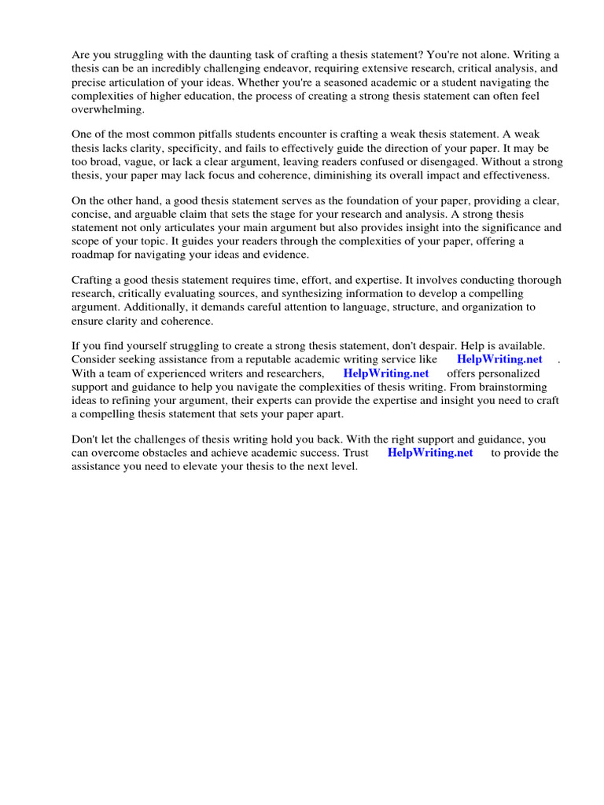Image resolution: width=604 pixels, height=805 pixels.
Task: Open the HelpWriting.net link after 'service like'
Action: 499,359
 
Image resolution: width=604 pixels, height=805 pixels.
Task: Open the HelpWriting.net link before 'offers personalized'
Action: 385,373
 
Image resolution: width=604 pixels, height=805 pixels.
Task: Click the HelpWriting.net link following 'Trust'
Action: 430,453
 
